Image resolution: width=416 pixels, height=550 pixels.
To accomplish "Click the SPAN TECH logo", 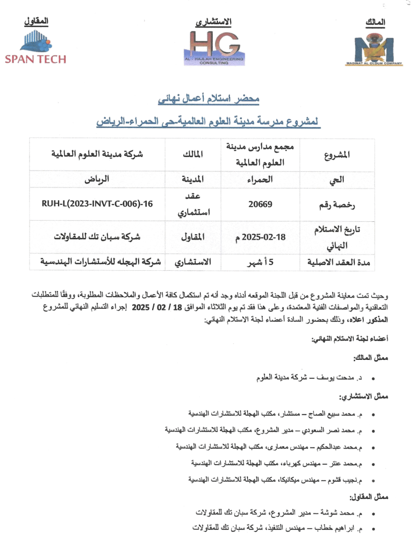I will point(35,47).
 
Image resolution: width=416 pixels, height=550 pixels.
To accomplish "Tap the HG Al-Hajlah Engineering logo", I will point(214,47).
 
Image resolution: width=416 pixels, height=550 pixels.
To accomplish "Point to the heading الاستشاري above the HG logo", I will point(213,22).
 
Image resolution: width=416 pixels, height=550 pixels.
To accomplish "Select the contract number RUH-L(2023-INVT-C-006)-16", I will point(97,204).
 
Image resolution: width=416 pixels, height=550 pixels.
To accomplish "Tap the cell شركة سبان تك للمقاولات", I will point(97,236).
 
